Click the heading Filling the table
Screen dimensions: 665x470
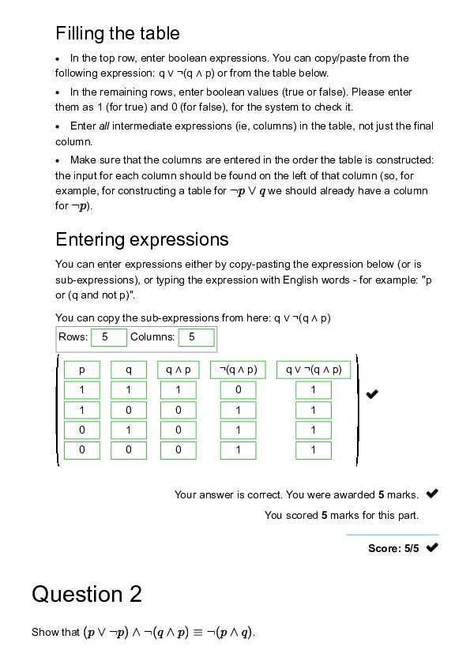click(x=117, y=33)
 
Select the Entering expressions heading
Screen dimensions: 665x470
click(x=141, y=239)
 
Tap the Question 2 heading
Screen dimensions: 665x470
click(x=86, y=594)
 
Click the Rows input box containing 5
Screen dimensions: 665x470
click(x=109, y=337)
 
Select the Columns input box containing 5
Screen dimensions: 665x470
click(x=196, y=337)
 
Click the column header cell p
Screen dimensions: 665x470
click(x=82, y=370)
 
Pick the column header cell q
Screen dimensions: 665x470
click(x=129, y=370)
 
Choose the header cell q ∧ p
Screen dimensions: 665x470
click(x=179, y=370)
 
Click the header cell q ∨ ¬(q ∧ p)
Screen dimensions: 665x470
click(x=314, y=370)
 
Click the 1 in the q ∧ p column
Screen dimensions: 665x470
click(x=179, y=390)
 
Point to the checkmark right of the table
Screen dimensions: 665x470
click(x=372, y=394)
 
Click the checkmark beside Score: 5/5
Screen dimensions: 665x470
click(x=432, y=548)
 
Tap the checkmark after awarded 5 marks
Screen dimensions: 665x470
click(x=432, y=494)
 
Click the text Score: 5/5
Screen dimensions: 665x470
click(x=393, y=548)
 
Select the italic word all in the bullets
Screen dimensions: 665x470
click(x=103, y=126)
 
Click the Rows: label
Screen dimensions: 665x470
click(x=73, y=337)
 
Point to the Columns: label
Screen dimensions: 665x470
click(x=152, y=337)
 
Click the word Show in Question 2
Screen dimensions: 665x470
click(x=43, y=633)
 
